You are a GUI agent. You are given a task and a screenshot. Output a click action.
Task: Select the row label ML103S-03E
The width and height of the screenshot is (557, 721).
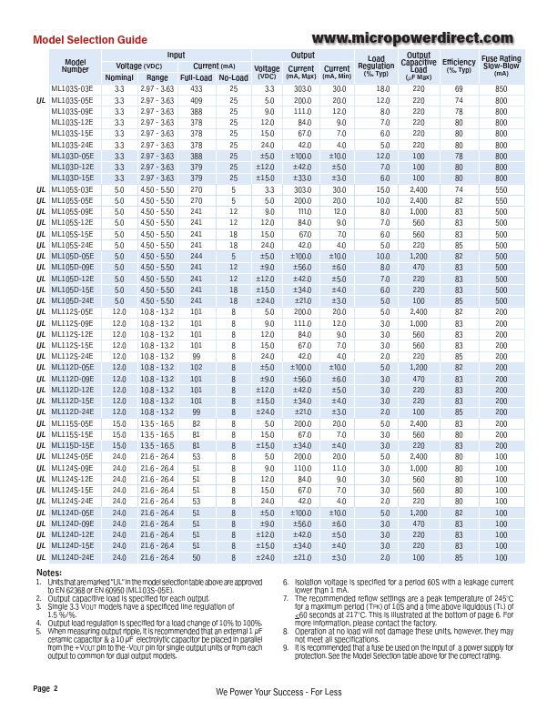coord(72,88)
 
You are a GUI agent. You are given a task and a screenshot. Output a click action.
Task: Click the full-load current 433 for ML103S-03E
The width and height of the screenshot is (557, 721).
coord(196,88)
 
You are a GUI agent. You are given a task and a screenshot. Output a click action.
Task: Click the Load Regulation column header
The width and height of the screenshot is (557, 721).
coord(376,65)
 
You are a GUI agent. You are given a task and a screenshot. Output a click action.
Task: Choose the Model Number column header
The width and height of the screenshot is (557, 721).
coord(76,66)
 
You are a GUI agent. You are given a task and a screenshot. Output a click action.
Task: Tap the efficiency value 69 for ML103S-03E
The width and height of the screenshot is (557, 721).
coord(459,88)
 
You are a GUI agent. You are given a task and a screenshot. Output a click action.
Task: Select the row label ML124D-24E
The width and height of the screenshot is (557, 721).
coord(72,557)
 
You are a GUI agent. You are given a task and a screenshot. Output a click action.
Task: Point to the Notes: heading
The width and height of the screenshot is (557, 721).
coord(48,572)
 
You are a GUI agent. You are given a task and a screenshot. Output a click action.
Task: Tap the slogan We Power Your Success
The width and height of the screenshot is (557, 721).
coord(278,692)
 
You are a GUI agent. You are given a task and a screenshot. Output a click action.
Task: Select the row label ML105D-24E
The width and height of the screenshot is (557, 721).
coord(72,300)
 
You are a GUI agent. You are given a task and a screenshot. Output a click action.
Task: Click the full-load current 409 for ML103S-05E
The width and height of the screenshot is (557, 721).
coord(196,100)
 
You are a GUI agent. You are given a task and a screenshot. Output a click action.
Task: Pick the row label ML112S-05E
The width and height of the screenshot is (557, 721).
coord(72,312)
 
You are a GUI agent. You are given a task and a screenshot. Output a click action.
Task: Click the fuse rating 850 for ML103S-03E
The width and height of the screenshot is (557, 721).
coord(501,88)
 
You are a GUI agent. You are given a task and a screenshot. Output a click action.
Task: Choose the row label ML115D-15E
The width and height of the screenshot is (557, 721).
coord(72,446)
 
